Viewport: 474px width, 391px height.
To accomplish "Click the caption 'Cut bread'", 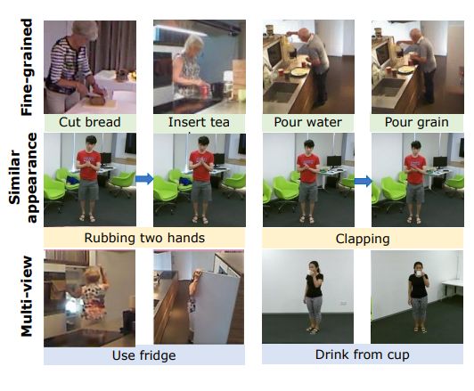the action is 90,122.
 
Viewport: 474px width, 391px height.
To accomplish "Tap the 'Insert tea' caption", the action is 199,122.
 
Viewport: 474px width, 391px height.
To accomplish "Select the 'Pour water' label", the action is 307,122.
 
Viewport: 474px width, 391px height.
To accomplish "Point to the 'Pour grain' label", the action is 417,122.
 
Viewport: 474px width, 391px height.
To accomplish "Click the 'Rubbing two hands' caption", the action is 144,238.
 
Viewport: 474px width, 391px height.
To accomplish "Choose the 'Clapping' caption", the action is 363,239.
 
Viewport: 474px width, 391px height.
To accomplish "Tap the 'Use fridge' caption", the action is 144,355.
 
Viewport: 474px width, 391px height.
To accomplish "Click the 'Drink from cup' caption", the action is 362,354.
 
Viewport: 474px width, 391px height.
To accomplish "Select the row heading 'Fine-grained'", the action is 27,67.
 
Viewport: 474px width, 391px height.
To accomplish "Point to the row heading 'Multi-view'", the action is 27,296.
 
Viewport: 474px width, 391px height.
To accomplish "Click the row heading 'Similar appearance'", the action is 23,177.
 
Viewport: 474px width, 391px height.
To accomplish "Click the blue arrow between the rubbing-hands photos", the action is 144,179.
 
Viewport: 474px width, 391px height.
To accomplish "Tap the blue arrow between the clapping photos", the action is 363,181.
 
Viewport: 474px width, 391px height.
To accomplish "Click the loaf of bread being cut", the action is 97,99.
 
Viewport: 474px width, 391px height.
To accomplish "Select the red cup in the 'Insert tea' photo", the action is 204,91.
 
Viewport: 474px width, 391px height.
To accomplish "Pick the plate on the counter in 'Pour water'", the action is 299,72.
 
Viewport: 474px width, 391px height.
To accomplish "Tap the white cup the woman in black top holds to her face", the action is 419,273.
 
